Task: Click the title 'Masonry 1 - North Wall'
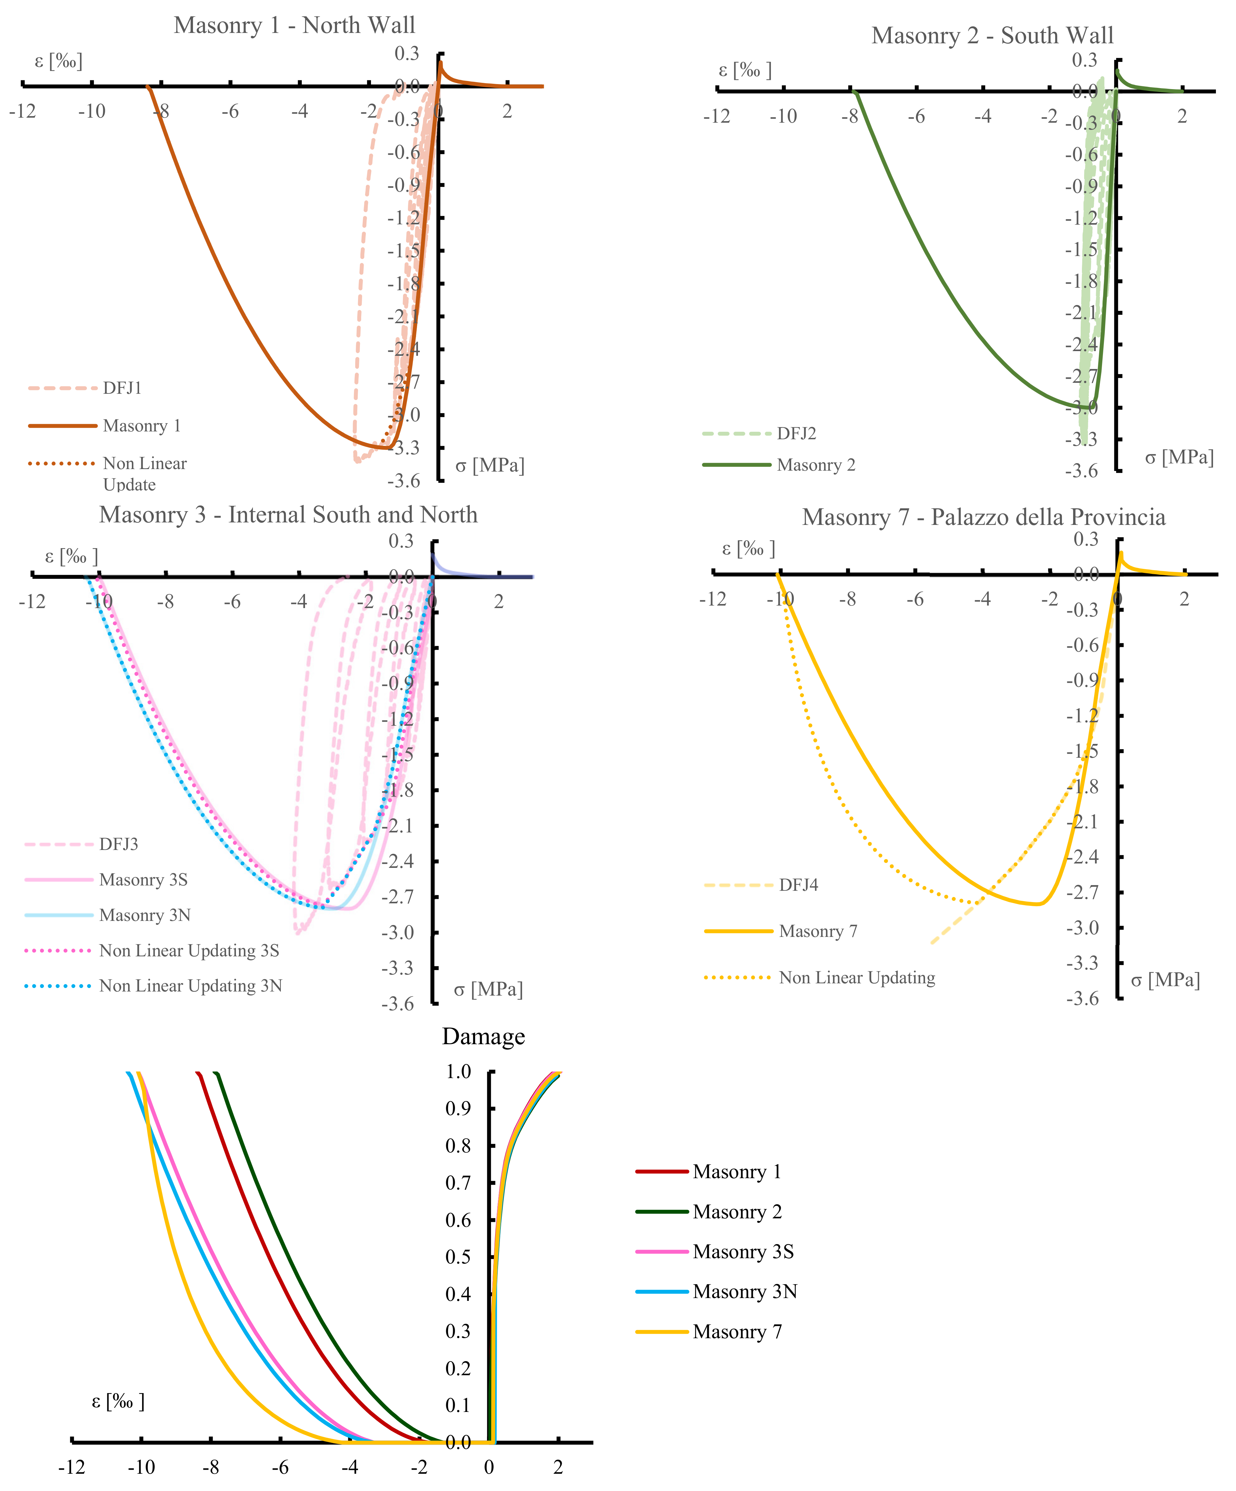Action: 294,25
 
